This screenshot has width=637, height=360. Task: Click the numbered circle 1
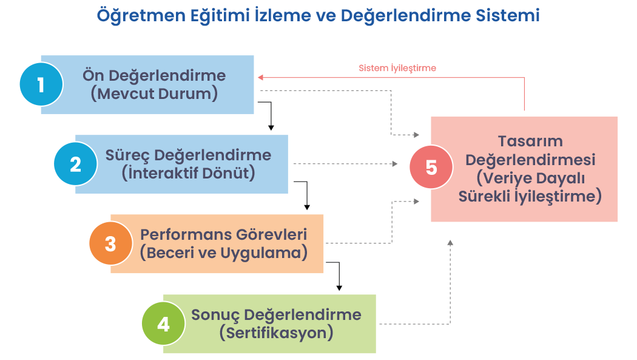point(41,84)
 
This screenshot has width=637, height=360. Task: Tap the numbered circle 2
point(75,164)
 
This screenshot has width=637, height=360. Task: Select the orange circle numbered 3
point(110,243)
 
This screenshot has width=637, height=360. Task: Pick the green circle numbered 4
point(163,324)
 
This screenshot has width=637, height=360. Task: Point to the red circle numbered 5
point(431,167)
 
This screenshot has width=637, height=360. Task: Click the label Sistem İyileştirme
point(397,68)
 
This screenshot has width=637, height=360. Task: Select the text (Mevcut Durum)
point(154,94)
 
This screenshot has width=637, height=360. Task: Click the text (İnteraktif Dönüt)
point(188,173)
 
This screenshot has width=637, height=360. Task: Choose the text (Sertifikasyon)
point(277,333)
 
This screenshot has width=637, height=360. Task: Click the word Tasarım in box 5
point(530,141)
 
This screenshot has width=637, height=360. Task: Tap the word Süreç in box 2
point(126,155)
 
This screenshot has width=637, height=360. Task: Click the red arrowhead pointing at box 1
point(260,77)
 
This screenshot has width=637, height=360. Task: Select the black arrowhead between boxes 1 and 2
point(271,127)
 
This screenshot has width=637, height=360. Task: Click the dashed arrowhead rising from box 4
point(450,242)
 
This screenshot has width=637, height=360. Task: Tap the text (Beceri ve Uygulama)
point(223,253)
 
